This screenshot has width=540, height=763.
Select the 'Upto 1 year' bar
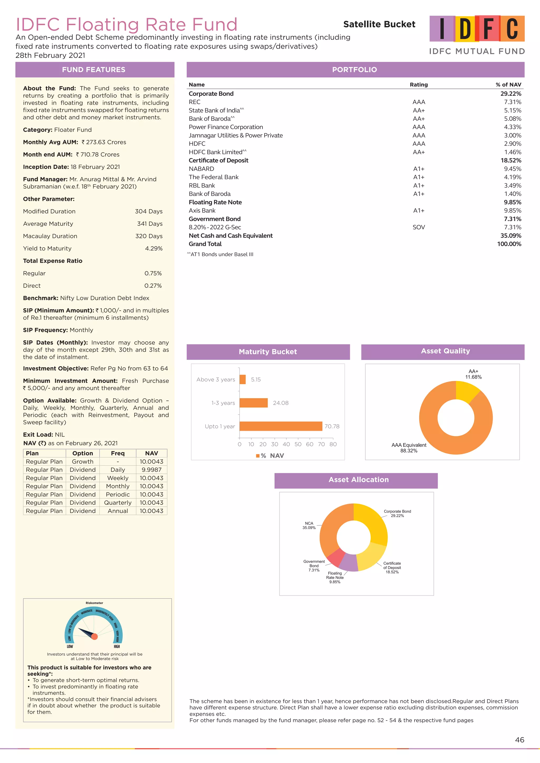[281, 426]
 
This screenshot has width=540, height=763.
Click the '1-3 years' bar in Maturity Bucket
[253, 403]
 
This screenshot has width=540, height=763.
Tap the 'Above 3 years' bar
[242, 379]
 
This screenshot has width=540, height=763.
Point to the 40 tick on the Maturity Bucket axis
[286, 444]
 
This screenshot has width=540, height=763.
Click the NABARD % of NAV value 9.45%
[512, 169]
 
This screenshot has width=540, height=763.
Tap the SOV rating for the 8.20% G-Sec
[419, 227]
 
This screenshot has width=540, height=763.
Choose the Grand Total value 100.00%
[509, 244]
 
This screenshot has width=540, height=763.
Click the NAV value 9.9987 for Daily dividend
[151, 469]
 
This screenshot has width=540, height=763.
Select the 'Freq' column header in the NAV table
[118, 453]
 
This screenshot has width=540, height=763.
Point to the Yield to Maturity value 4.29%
[154, 248]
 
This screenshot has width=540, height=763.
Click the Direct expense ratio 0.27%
[153, 286]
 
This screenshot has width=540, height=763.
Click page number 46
[519, 740]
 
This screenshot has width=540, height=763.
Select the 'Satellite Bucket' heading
[379, 24]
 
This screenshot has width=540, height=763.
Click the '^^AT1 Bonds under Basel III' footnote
[220, 255]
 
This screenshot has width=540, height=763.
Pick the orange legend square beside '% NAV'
[258, 456]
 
